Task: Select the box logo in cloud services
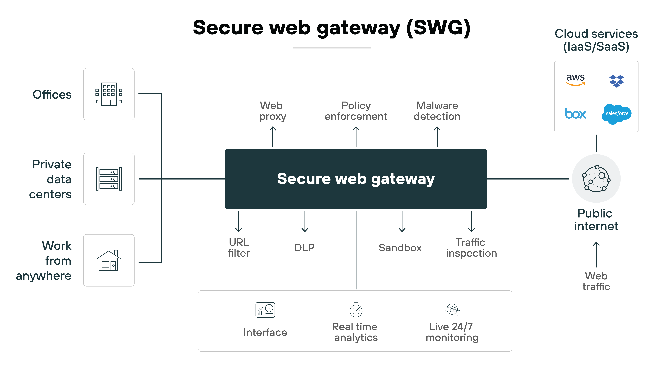(x=575, y=114)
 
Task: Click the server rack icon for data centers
(x=109, y=179)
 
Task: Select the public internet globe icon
(x=596, y=179)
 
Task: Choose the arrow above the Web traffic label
(x=596, y=254)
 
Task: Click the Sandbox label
(x=400, y=248)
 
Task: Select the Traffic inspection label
(x=471, y=248)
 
